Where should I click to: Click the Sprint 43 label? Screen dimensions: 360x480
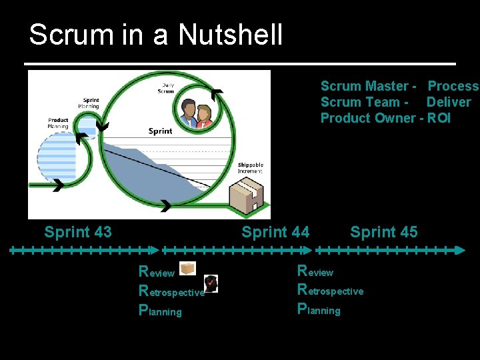coord(78,232)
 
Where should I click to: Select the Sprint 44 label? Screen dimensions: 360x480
coord(275,232)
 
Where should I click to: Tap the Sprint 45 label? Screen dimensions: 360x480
coord(384,232)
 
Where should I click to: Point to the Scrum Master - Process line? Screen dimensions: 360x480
coord(399,86)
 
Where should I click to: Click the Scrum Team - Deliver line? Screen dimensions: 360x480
coord(395,102)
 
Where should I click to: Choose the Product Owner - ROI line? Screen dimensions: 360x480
coord(385,118)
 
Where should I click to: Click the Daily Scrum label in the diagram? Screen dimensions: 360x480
coord(166,88)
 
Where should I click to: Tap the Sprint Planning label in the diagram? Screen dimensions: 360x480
coord(89,103)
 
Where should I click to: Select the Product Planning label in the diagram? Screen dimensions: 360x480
coord(58,123)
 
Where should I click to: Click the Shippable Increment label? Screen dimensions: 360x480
coord(251,168)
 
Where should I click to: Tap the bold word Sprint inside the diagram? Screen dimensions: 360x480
coord(160,131)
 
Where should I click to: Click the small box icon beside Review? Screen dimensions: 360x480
coord(187,268)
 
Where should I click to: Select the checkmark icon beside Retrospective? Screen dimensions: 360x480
coord(211,283)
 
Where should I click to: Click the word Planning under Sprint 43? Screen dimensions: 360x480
coord(160,311)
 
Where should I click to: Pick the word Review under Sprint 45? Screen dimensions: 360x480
coord(315,271)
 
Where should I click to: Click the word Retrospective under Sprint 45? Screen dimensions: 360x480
coord(331,291)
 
